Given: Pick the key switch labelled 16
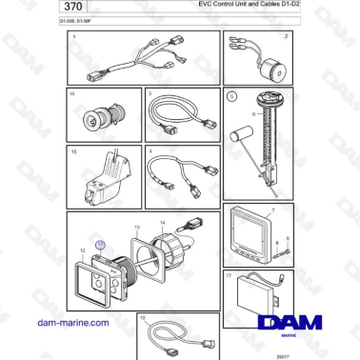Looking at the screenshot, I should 95,119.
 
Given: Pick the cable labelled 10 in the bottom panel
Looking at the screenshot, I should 171,333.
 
